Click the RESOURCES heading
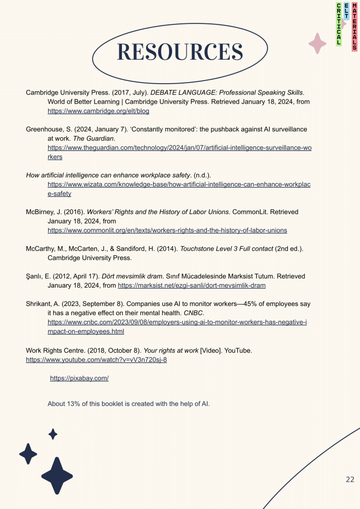pyautogui.click(x=180, y=52)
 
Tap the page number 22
pyautogui.click(x=350, y=479)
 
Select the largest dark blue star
pyautogui.click(x=57, y=476)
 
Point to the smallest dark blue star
pyautogui.click(x=53, y=434)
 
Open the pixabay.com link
pyautogui.click(x=80, y=378)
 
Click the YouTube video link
pyautogui.click(x=96, y=359)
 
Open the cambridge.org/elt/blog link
pyautogui.click(x=98, y=111)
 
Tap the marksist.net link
pyautogui.click(x=191, y=285)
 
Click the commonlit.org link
pyautogui.click(x=167, y=230)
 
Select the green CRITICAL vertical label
pyautogui.click(x=339, y=24)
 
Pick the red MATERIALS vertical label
pyautogui.click(x=354, y=26)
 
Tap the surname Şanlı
pyautogui.click(x=34, y=276)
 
